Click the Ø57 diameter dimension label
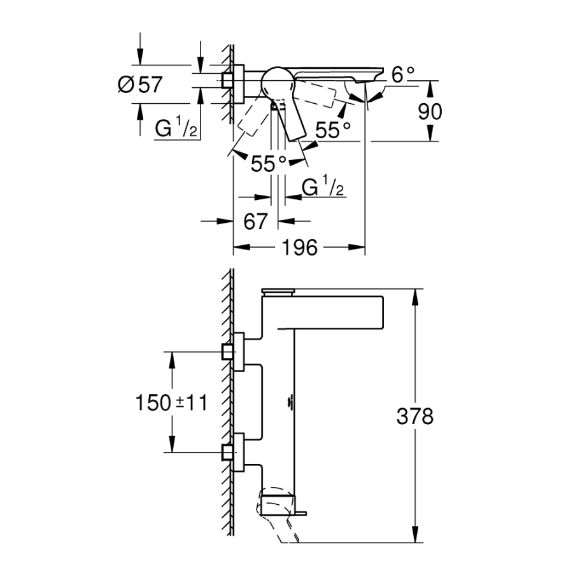click(x=141, y=85)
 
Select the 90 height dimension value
click(x=429, y=111)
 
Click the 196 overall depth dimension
click(x=300, y=248)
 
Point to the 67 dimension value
click(x=254, y=221)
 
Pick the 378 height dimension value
click(x=414, y=417)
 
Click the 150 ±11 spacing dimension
click(x=171, y=402)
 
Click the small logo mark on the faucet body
click(x=290, y=402)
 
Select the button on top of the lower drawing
click(x=278, y=292)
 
